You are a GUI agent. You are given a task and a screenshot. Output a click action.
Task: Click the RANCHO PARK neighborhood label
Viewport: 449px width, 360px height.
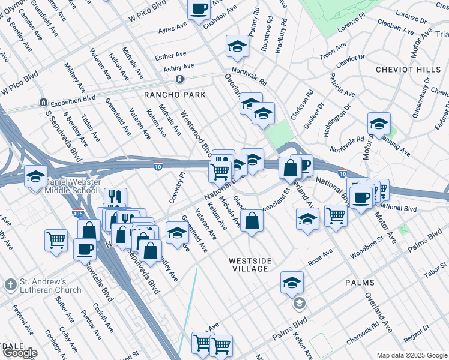pyautogui.click(x=175, y=95)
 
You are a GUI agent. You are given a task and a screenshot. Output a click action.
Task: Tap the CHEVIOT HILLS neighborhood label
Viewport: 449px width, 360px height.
pyautogui.click(x=403, y=70)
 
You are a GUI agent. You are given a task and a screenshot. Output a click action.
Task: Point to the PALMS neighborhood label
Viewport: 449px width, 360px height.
pyautogui.click(x=360, y=282)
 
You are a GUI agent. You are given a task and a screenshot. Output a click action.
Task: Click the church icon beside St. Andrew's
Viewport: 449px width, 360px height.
pyautogui.click(x=10, y=283)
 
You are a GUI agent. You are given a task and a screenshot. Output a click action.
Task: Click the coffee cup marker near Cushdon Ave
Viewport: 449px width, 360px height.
pyautogui.click(x=199, y=8)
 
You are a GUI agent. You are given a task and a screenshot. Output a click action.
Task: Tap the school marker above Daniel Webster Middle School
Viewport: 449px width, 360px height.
pyautogui.click(x=35, y=176)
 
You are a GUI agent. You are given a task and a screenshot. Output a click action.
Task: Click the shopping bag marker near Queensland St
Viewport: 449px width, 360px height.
pyautogui.click(x=252, y=220)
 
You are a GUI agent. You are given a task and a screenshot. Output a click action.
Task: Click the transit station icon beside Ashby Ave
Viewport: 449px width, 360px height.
pyautogui.click(x=179, y=79)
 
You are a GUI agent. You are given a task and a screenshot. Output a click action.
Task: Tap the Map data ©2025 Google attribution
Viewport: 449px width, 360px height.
pyautogui.click(x=411, y=355)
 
